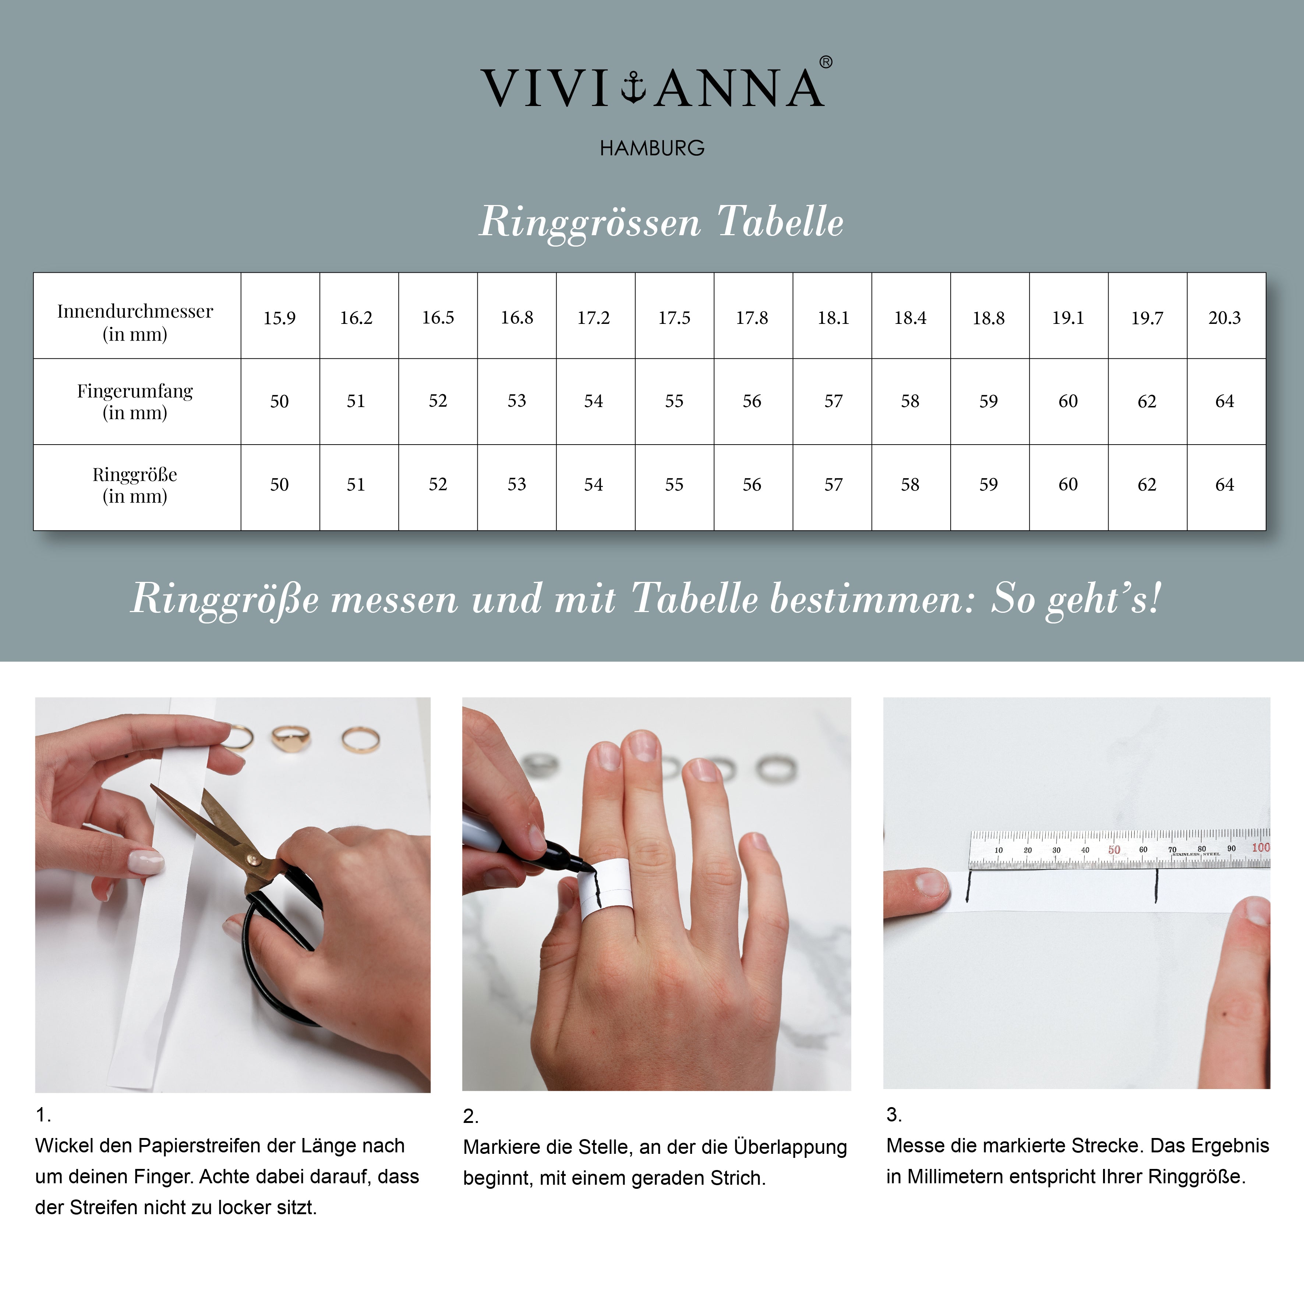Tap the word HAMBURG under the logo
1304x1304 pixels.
click(652, 148)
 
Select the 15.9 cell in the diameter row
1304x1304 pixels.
click(279, 318)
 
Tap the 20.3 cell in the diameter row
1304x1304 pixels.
click(1225, 318)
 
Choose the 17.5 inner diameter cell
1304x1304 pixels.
click(674, 318)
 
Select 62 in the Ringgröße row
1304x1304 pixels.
click(1147, 485)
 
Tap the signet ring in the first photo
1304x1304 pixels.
click(291, 739)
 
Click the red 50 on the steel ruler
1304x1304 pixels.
click(1114, 850)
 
